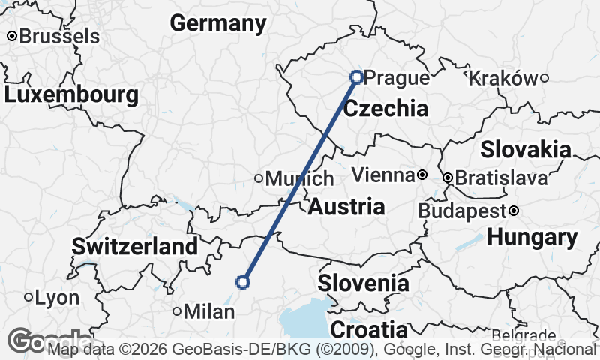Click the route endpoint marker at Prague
(357, 76)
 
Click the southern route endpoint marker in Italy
(242, 282)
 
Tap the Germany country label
(217, 23)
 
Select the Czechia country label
(385, 109)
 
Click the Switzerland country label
(135, 246)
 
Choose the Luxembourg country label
(71, 95)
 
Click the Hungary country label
(532, 238)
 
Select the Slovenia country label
(363, 283)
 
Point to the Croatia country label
(369, 329)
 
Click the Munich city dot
(259, 178)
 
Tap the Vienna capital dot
(422, 175)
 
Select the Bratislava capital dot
(448, 178)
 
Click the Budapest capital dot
(514, 211)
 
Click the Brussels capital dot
(12, 36)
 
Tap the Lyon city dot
(28, 298)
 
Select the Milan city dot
(177, 310)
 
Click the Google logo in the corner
(45, 341)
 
